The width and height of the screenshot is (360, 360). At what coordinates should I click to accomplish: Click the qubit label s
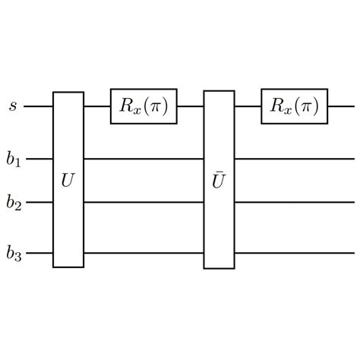13,106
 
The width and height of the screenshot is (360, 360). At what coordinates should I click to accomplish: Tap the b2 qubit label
14,203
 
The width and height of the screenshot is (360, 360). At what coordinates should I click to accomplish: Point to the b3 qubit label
14,253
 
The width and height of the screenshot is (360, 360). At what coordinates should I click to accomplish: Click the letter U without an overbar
68,182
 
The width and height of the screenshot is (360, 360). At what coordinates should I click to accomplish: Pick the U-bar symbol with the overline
219,182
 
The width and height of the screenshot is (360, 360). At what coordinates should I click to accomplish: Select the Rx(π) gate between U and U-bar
144,106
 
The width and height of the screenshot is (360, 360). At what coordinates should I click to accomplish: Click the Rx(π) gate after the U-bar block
294,106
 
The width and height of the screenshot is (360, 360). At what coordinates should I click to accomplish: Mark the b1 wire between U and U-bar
144,159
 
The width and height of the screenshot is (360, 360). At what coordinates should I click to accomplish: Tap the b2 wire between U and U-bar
144,203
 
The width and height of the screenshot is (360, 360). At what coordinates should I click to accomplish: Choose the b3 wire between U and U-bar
144,253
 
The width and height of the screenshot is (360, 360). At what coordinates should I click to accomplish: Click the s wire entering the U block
38,106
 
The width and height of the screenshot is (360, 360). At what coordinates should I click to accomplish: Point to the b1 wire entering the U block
38,159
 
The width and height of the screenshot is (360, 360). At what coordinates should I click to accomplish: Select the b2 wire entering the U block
38,203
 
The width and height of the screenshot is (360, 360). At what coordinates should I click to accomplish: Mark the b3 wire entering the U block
38,253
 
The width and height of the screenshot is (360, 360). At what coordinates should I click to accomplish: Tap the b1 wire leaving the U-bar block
294,159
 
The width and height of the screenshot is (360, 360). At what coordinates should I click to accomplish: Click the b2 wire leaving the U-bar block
294,203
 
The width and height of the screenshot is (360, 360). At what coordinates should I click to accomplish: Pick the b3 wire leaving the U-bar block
294,253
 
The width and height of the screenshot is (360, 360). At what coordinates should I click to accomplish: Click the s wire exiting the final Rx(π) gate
341,106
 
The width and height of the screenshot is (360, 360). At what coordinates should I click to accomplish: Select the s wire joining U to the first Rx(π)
97,106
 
